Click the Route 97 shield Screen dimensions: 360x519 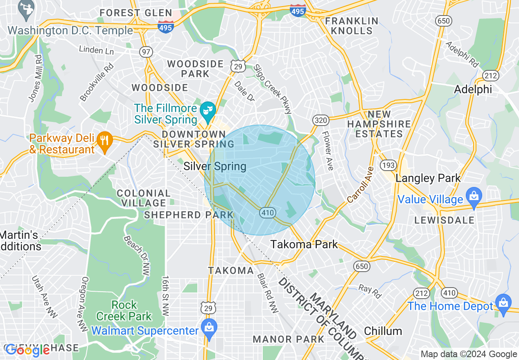click(146, 52)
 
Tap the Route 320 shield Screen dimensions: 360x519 click(320, 120)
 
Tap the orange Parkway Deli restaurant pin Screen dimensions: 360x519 click(105, 141)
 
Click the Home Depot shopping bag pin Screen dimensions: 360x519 click(503, 303)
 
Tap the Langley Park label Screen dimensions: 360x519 click(428, 178)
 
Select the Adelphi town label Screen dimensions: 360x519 click(473, 90)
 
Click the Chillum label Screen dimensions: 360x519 click(383, 331)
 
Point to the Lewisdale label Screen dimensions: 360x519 click(444, 220)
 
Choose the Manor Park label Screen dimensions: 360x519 click(289, 339)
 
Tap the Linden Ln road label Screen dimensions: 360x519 click(96, 51)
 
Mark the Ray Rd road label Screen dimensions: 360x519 click(370, 291)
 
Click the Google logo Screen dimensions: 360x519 click(27, 351)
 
